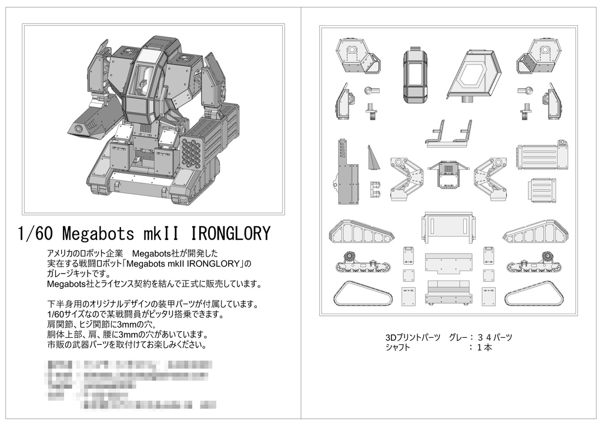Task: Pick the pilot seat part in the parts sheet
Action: pos(450,134)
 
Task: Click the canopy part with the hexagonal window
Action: pos(474,72)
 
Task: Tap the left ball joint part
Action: pos(370,92)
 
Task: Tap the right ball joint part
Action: pos(526,92)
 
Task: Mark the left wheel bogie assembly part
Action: pos(360,263)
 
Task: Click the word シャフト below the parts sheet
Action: pos(398,347)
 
